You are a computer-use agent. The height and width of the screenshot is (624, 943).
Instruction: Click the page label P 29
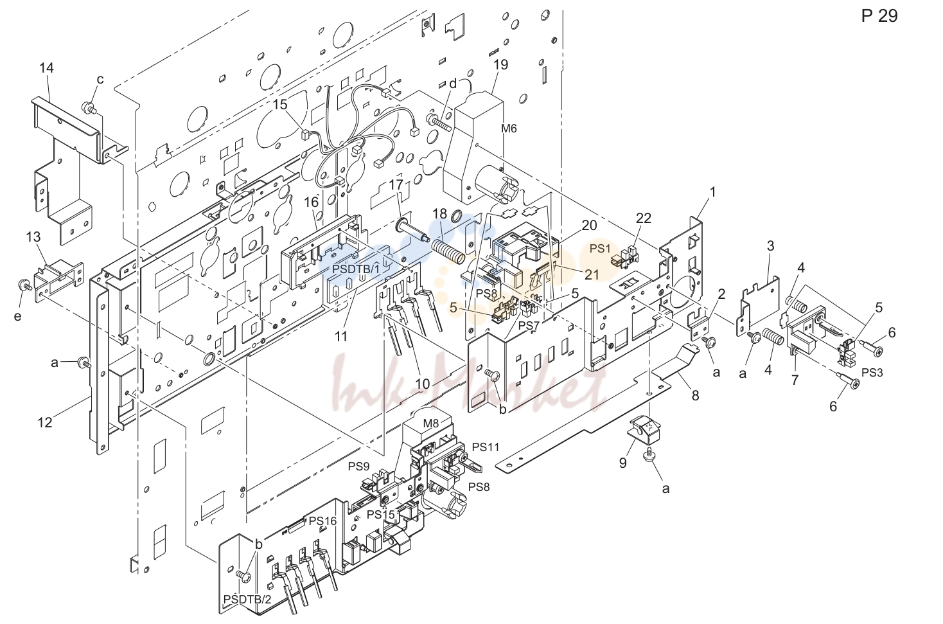pos(879,16)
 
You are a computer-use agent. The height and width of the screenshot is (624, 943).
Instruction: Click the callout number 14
pos(46,67)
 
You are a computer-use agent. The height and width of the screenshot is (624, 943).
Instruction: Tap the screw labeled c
pos(89,108)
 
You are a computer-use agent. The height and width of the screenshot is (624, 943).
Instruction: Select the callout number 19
pos(501,64)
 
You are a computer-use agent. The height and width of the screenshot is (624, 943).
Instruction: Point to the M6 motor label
pos(509,129)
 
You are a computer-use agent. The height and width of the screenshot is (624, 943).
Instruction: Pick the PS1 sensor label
pos(600,249)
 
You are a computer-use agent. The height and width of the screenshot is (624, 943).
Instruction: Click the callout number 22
pos(644,218)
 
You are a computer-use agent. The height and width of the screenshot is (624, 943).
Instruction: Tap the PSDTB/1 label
pos(356,269)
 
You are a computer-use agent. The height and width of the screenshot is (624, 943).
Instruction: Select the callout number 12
pos(44,422)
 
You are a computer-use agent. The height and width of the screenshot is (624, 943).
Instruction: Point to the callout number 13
pos(33,237)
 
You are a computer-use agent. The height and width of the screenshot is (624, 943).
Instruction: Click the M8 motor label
pos(430,423)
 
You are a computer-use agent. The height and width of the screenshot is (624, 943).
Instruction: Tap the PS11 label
pos(486,447)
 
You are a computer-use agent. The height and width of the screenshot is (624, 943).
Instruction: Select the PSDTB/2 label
pos(247,599)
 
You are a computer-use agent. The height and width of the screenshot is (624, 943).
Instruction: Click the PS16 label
pos(323,521)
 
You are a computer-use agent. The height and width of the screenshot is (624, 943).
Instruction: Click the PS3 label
pos(872,373)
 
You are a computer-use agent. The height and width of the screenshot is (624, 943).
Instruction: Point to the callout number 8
pos(695,395)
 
